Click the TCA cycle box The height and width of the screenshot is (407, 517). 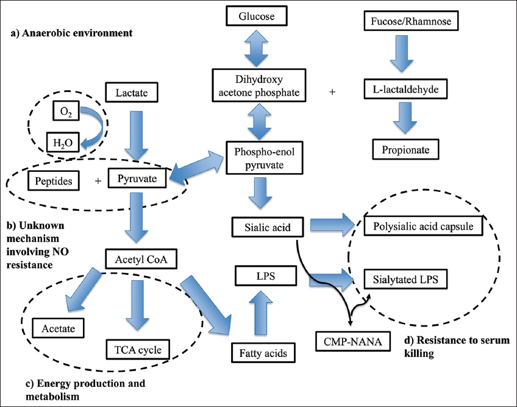click(x=138, y=349)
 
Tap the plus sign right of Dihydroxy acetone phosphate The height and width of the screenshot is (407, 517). click(x=332, y=92)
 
